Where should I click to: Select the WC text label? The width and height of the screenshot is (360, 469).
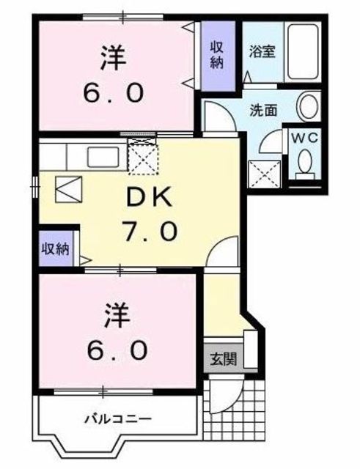[304, 138]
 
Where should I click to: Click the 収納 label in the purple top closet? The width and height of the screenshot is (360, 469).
[218, 54]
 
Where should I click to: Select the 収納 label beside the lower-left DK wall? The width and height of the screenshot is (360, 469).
[54, 248]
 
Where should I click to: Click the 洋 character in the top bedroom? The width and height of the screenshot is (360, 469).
[111, 56]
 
